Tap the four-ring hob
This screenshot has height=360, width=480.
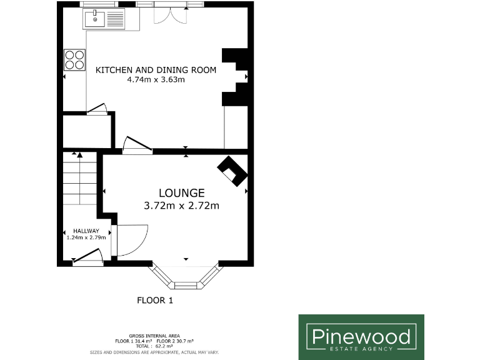tap(74, 60)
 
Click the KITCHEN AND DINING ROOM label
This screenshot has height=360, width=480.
tap(156, 70)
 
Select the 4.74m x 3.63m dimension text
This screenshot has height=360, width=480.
tap(156, 79)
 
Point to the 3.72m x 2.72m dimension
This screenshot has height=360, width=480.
tap(182, 205)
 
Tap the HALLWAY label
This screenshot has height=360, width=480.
tap(86, 231)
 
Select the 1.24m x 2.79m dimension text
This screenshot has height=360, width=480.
tap(86, 237)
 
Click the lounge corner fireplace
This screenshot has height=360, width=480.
tap(232, 170)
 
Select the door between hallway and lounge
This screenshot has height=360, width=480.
tap(128, 241)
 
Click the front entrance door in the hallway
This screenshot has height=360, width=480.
tap(87, 259)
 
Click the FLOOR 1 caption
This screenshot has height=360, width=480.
tap(154, 301)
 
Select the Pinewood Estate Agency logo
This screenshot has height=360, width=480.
tap(361, 337)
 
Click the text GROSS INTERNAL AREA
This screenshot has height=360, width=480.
tap(154, 336)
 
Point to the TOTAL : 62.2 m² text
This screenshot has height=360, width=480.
tap(154, 346)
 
